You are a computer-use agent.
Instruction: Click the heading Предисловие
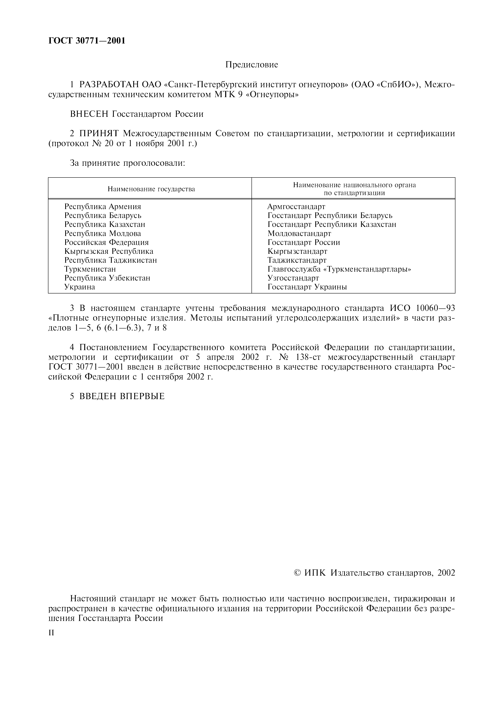tap(252, 65)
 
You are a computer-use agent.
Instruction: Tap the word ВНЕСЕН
tap(89, 114)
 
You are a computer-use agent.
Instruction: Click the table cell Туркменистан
tap(90, 269)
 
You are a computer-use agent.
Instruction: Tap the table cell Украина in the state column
tap(80, 287)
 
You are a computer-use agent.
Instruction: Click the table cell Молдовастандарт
tap(299, 234)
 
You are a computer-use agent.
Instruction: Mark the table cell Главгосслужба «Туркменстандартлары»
tap(339, 269)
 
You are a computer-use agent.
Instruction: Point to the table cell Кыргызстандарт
tap(297, 251)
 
